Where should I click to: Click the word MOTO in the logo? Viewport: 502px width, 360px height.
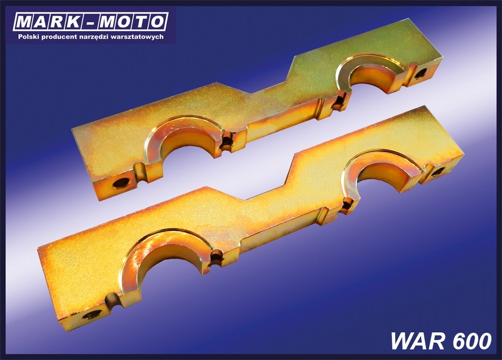[132, 22]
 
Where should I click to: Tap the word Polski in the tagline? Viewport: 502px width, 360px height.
[29, 37]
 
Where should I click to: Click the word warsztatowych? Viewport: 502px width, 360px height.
[138, 37]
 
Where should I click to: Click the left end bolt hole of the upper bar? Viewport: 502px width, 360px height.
[122, 183]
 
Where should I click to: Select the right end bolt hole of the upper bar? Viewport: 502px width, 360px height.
[421, 74]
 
